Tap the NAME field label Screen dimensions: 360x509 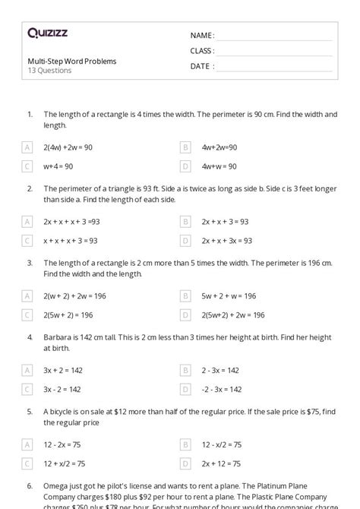point(202,36)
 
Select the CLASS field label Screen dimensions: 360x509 point(203,51)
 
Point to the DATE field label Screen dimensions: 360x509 point(201,66)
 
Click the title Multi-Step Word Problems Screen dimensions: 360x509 point(72,62)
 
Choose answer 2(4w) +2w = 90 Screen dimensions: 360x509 point(68,147)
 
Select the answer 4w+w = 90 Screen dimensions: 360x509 point(219,166)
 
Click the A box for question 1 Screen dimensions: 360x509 point(27,147)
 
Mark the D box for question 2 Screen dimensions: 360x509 point(185,241)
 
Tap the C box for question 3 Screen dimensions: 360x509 point(27,315)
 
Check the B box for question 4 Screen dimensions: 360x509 point(185,370)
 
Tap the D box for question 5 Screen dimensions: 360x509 point(185,463)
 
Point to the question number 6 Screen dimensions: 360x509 point(29,485)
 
